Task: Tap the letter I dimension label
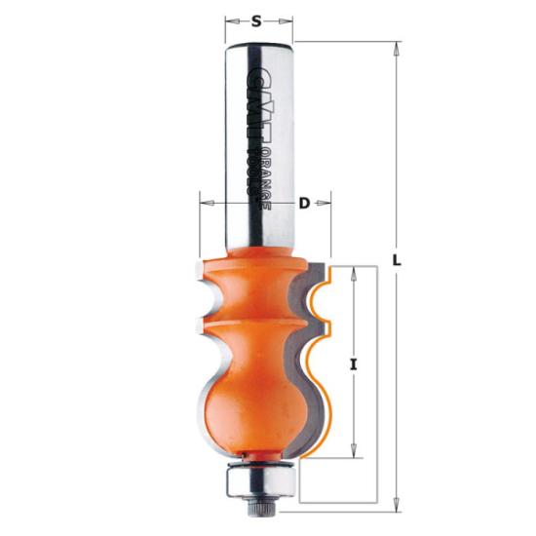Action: (x=355, y=364)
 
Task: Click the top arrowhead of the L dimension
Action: (x=397, y=46)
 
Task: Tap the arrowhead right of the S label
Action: (x=287, y=19)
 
